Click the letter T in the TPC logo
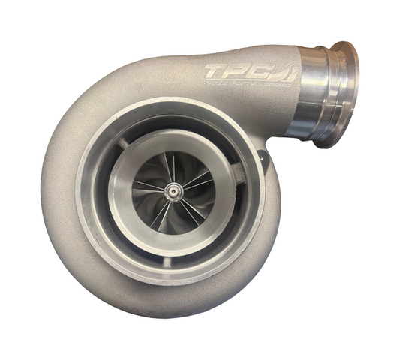[218, 73]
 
